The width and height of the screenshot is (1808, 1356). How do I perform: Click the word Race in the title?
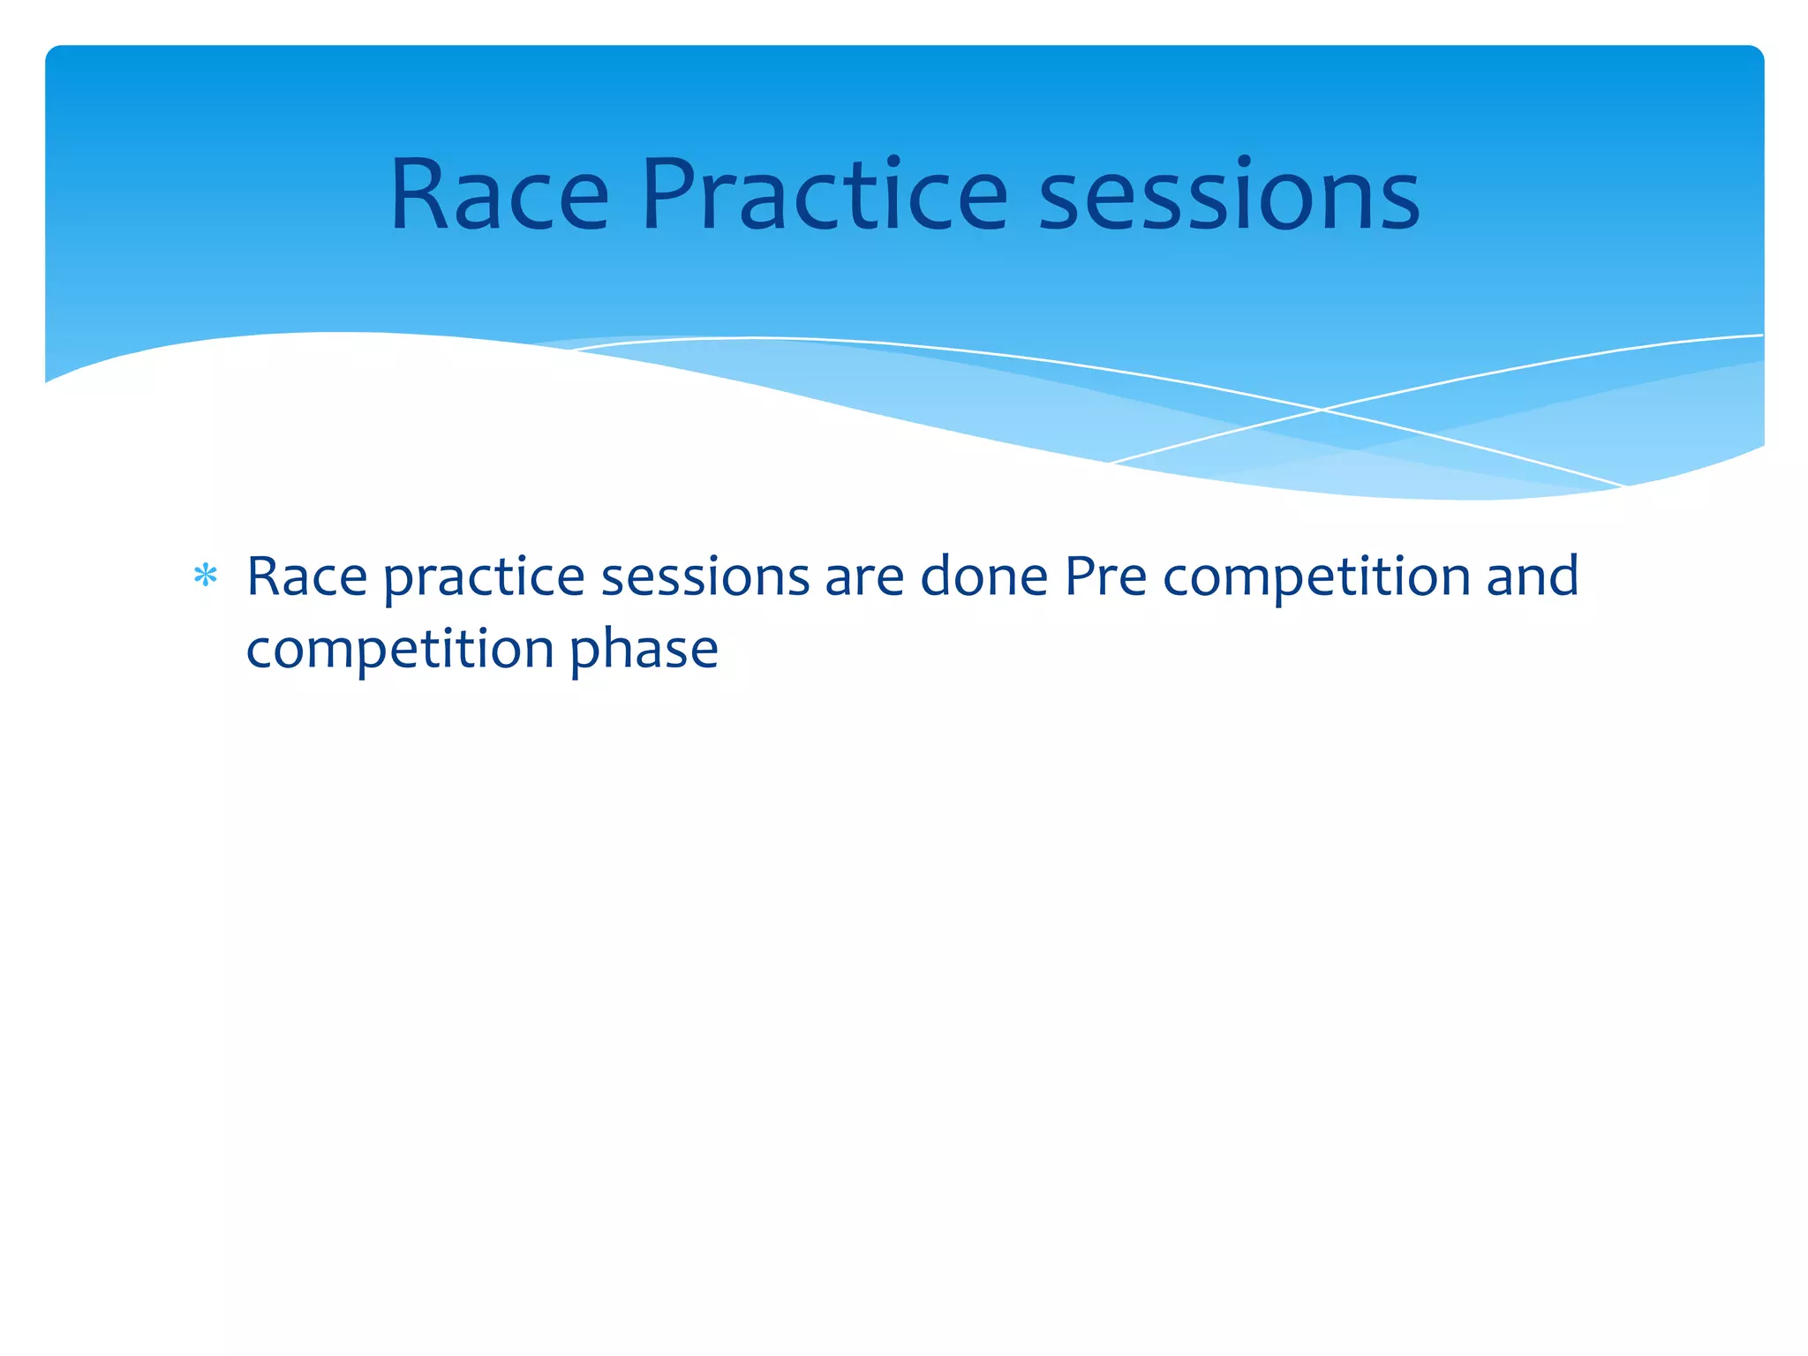500,196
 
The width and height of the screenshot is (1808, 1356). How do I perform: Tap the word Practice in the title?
824,196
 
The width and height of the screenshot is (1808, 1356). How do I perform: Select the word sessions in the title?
1229,196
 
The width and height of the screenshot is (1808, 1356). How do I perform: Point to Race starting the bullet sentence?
306,577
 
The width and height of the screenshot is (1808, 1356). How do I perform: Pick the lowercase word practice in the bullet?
484,579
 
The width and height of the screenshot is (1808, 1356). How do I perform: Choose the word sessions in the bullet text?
704,577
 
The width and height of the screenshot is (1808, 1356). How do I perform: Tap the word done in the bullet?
983,577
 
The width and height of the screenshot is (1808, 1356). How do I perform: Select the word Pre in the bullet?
1105,577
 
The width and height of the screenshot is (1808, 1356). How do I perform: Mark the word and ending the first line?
1533,577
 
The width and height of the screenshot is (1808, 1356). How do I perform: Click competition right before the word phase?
400,652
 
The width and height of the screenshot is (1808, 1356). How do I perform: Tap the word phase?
644,652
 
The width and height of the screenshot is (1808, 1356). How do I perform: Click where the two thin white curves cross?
1322,410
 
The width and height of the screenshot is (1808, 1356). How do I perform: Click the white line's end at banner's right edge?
1761,335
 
